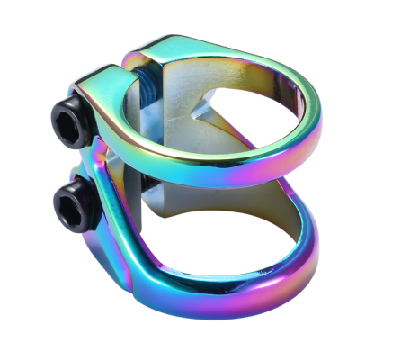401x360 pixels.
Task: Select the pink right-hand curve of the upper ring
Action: (x=310, y=135)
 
